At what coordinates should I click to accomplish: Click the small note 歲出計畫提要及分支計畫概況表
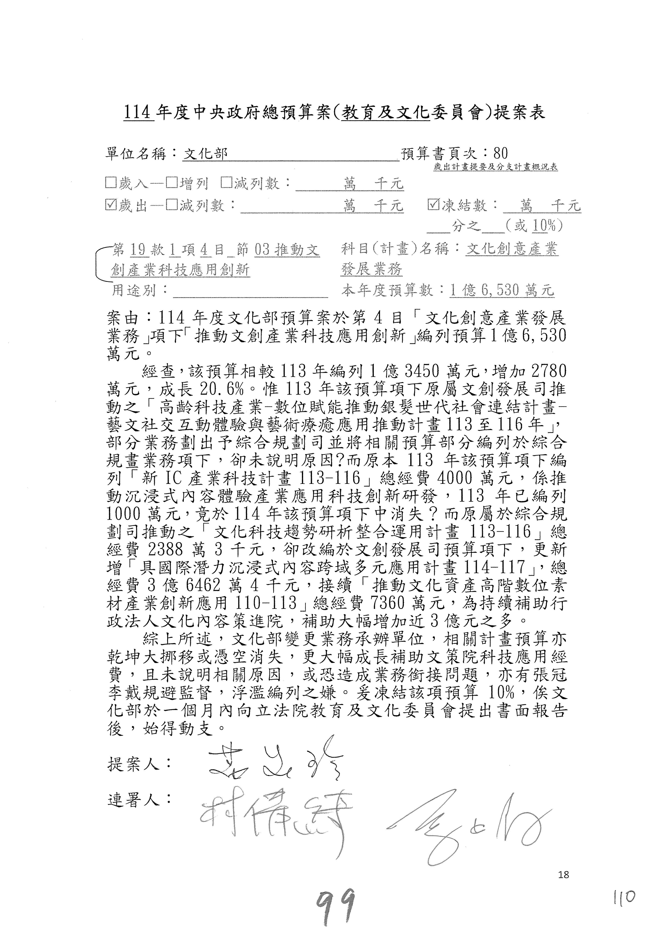496,167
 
